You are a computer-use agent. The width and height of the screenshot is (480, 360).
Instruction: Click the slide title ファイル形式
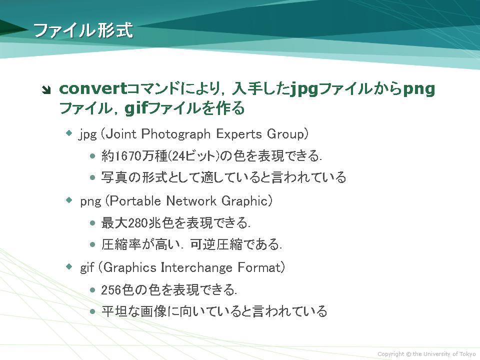pyautogui.click(x=83, y=30)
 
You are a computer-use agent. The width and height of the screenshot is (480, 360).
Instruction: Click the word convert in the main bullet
pyautogui.click(x=93, y=89)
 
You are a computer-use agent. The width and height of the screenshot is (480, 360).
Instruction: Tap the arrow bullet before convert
pyautogui.click(x=46, y=90)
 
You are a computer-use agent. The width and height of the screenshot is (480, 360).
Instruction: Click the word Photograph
pyautogui.click(x=175, y=134)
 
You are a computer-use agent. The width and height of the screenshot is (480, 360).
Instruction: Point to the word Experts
pyautogui.click(x=239, y=134)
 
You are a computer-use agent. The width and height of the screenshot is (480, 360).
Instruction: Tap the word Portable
pyautogui.click(x=135, y=201)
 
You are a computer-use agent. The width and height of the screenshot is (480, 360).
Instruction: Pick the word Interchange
pyautogui.click(x=196, y=267)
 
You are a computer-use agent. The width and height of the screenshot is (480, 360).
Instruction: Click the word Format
pyautogui.click(x=259, y=267)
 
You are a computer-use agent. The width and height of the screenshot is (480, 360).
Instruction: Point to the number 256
pyautogui.click(x=111, y=289)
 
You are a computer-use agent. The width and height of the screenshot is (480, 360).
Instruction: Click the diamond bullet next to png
pyautogui.click(x=69, y=200)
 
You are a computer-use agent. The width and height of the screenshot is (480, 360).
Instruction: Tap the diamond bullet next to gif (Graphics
pyautogui.click(x=69, y=266)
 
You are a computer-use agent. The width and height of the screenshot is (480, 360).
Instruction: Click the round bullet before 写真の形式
pyautogui.click(x=93, y=177)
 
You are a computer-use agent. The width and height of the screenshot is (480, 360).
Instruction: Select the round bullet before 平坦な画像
pyautogui.click(x=93, y=311)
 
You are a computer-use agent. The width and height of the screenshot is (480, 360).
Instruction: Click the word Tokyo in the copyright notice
pyautogui.click(x=467, y=354)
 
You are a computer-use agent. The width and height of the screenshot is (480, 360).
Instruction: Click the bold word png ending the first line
pyautogui.click(x=419, y=89)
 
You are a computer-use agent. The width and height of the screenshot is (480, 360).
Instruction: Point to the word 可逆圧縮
pyautogui.click(x=216, y=244)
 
